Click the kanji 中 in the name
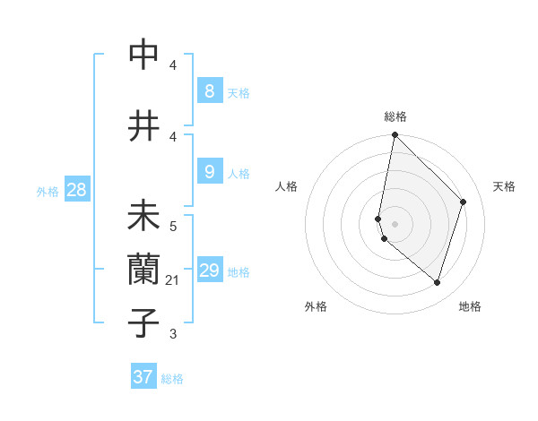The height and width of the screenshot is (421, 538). [x=144, y=55]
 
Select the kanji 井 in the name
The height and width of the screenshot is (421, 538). [x=144, y=126]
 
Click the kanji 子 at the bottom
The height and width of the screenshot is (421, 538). [x=144, y=322]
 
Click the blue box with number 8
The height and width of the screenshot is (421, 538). [x=209, y=90]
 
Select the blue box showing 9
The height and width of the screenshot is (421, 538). [x=209, y=172]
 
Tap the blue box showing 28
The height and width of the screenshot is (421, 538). [x=76, y=190]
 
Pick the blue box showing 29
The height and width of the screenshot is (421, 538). [x=209, y=271]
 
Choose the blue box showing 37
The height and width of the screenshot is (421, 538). [x=143, y=377]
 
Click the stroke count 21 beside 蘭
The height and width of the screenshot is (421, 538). [x=172, y=280]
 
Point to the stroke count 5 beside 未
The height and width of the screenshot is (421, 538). [x=173, y=228]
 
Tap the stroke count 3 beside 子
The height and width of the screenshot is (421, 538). [x=173, y=334]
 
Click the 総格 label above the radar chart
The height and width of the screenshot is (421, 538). [x=395, y=116]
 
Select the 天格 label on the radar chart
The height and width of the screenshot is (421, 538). [x=504, y=186]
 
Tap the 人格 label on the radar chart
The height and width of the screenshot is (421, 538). [x=287, y=186]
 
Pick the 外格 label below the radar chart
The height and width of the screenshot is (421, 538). [x=316, y=306]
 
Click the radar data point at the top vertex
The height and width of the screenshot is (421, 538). [x=395, y=134]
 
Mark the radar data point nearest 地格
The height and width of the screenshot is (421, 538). [x=437, y=282]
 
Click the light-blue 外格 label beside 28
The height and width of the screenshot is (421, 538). [x=48, y=191]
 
